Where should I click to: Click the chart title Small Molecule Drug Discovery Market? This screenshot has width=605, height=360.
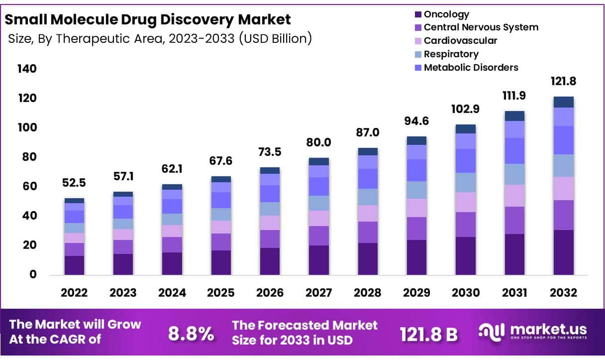click(147, 19)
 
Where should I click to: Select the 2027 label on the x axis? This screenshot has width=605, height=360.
click(318, 293)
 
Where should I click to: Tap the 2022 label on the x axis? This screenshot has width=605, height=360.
click(74, 293)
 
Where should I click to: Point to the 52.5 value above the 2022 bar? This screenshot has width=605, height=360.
click(74, 183)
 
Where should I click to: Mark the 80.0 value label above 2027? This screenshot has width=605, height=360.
click(318, 143)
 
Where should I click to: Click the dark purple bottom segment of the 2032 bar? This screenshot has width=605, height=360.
click(564, 252)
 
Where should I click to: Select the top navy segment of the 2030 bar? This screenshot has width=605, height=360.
click(466, 129)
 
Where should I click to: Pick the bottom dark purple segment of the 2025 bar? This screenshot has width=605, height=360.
click(221, 262)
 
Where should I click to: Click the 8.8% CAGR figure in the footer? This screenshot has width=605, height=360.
click(191, 334)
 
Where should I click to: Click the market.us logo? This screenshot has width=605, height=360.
click(532, 331)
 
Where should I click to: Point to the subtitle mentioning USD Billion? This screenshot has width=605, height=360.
click(160, 38)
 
